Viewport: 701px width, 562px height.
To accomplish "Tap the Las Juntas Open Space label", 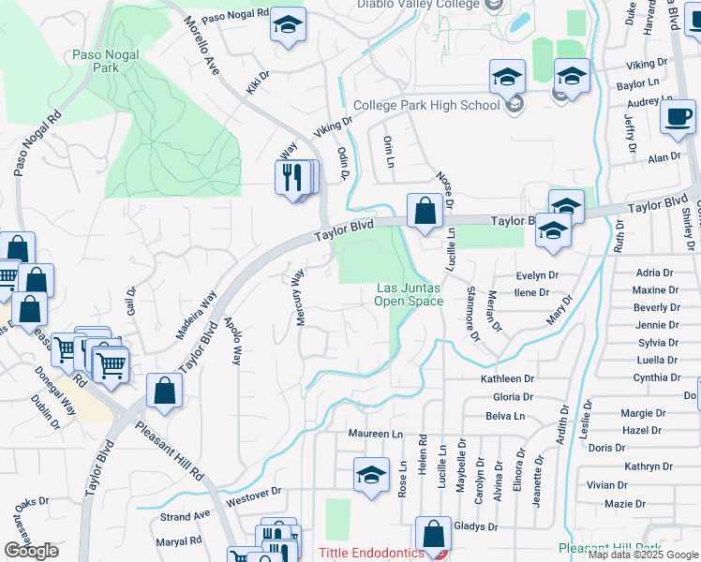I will [x=409, y=294].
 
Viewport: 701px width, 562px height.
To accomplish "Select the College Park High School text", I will [x=426, y=105].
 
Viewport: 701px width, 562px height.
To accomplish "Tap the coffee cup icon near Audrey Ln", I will [x=678, y=117].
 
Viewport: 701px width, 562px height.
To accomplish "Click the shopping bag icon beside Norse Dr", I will [x=425, y=212].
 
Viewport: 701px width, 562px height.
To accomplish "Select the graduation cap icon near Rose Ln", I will [x=371, y=475].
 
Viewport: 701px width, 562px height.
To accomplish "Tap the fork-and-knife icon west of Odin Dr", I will [x=294, y=177].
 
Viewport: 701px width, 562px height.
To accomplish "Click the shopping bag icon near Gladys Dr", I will [x=433, y=535].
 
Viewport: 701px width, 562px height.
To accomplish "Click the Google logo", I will [x=31, y=551].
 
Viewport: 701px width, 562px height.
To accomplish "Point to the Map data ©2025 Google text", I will [x=643, y=555].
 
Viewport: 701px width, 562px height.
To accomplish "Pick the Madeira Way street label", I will [x=195, y=314].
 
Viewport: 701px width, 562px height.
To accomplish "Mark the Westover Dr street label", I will [x=254, y=493].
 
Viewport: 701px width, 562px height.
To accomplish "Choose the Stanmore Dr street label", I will [x=471, y=311].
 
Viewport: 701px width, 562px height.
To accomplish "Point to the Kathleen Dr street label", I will [x=507, y=378].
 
